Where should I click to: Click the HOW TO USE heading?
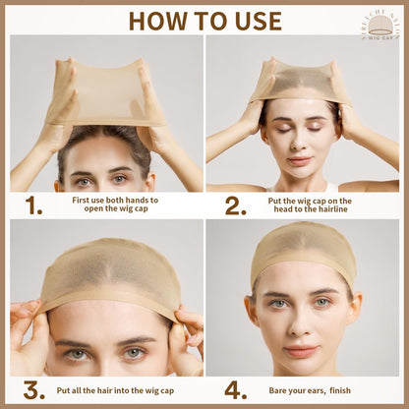(204, 21)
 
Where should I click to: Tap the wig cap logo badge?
(378, 21)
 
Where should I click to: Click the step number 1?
(34, 204)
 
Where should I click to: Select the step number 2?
(235, 204)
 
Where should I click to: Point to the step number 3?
(34, 390)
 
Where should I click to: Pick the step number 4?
(235, 390)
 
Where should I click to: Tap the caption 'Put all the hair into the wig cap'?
(120, 390)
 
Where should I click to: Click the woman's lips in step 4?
(301, 350)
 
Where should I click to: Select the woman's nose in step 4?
(301, 324)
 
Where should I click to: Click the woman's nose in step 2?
(301, 142)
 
